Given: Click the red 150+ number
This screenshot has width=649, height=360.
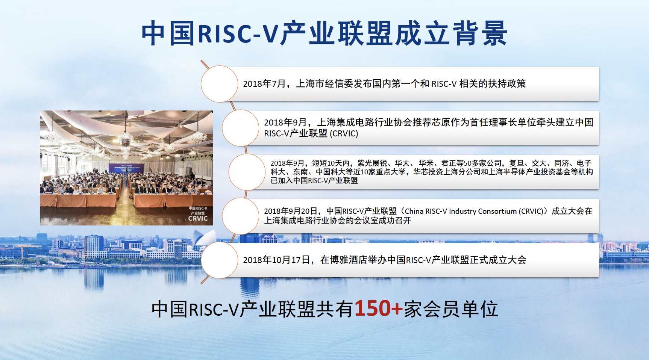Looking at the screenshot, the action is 378,309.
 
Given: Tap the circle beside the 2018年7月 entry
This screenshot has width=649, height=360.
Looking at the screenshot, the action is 220,84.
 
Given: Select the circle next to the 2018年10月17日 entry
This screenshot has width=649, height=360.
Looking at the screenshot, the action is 220,260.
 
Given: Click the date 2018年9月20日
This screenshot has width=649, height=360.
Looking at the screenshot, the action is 291,211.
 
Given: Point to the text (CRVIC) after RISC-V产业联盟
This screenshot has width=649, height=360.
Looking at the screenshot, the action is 344,134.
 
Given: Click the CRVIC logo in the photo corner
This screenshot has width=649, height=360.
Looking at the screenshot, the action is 198,214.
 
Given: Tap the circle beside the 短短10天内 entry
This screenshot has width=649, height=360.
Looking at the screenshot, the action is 247,172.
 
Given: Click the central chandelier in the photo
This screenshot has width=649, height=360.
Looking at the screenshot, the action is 125,138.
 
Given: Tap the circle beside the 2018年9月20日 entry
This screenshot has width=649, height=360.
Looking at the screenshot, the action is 241,216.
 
